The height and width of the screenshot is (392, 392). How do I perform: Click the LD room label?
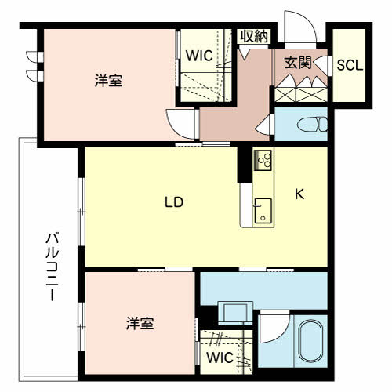coord(173,201)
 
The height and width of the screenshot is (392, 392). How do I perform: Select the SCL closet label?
coord(350,65)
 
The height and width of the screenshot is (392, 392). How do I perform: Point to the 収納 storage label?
coord(253,35)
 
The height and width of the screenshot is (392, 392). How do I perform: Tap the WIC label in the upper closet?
coord(198,56)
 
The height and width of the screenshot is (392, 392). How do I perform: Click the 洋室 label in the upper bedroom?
coord(110,80)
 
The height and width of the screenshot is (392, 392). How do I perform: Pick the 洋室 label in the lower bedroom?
coord(140,322)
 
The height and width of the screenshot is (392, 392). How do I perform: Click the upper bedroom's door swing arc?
coord(180,123)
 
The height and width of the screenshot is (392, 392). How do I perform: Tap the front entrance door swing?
coord(300,28)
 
